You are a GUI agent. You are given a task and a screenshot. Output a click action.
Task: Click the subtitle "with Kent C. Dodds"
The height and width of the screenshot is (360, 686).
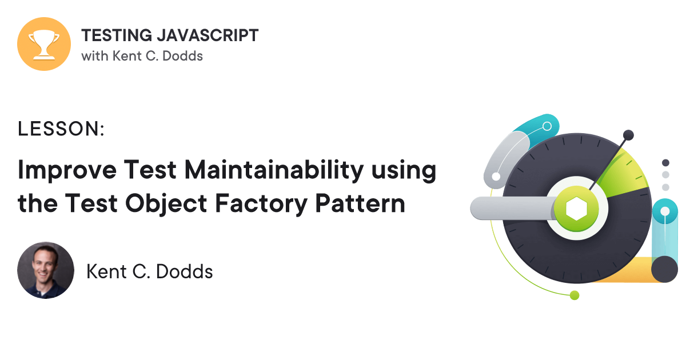click(x=142, y=56)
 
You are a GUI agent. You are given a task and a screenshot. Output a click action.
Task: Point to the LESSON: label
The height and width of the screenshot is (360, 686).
click(x=61, y=130)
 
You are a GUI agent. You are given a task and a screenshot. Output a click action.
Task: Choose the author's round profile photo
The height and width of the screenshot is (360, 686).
click(x=46, y=270)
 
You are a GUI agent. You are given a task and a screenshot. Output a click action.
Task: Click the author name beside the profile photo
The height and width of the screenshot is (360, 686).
click(x=149, y=271)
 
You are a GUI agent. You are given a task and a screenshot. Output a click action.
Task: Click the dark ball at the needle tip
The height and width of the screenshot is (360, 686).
click(x=628, y=135)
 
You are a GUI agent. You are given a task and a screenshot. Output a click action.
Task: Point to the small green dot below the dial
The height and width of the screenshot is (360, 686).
click(x=575, y=295)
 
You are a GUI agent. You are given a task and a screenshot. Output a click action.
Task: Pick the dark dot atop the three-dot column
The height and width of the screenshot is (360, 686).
click(x=665, y=163)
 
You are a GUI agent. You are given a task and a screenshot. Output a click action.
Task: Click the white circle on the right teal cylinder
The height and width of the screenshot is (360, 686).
click(x=665, y=211)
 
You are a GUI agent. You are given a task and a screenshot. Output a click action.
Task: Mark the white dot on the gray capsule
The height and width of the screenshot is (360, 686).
click(x=496, y=177)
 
